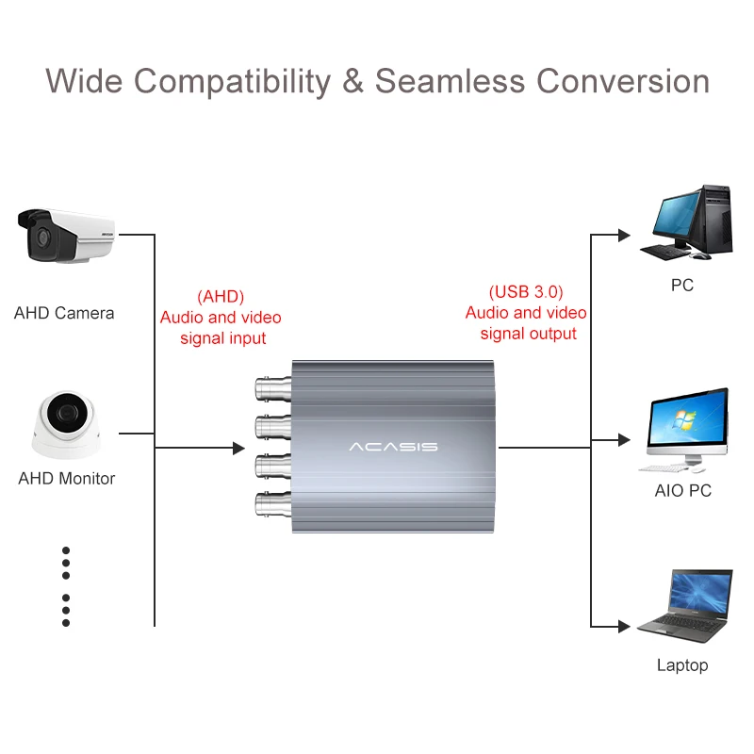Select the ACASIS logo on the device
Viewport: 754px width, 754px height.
pyautogui.click(x=393, y=446)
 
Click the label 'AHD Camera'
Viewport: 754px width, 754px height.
pyautogui.click(x=64, y=313)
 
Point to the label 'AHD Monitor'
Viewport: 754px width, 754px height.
pyautogui.click(x=67, y=479)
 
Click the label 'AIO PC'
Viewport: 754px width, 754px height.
pyautogui.click(x=683, y=491)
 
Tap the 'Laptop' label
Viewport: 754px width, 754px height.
pyautogui.click(x=682, y=665)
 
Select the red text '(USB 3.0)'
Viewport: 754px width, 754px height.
pyautogui.click(x=526, y=292)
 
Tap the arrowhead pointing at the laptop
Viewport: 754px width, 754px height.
pyautogui.click(x=623, y=626)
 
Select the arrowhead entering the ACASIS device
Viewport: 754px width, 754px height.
pyautogui.click(x=238, y=447)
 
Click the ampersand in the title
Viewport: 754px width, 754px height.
pyautogui.click(x=352, y=81)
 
